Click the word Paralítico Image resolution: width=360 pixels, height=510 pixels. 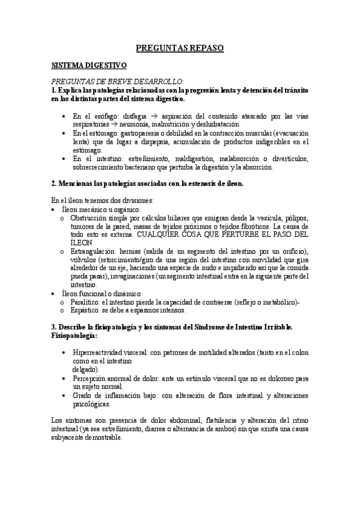tap(84, 302)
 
